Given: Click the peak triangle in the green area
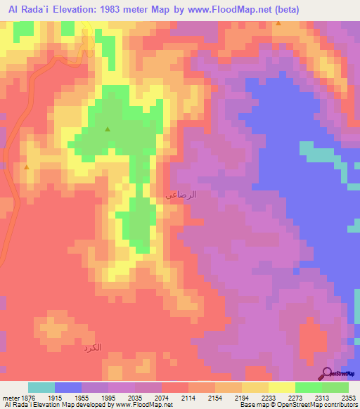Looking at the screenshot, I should [x=108, y=129].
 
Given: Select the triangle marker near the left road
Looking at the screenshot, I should [x=26, y=167].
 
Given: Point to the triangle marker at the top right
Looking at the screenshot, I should [x=279, y=24].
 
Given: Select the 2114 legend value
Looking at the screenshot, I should [x=175, y=398].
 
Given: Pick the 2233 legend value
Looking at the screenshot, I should [x=257, y=398].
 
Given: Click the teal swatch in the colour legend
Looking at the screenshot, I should [x=41, y=388].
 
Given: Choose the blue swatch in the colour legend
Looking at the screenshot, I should [x=68, y=388].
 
